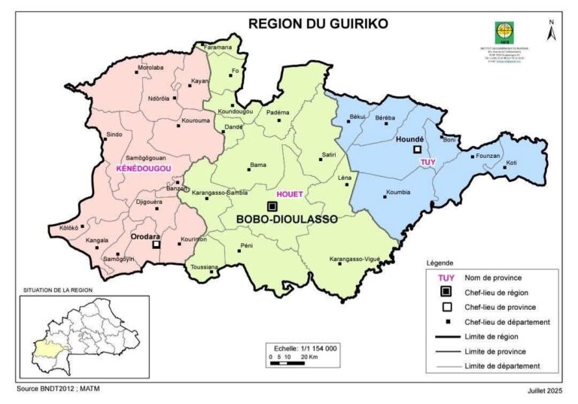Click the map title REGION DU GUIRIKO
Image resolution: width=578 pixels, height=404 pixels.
coord(318,23)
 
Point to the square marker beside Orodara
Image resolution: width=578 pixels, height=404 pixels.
coord(157,245)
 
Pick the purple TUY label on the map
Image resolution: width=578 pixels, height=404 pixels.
coord(428,161)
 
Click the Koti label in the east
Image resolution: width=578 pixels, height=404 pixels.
coord(512,163)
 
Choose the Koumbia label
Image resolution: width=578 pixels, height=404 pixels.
coord(398,192)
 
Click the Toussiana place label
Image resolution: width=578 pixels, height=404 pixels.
coord(205,267)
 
